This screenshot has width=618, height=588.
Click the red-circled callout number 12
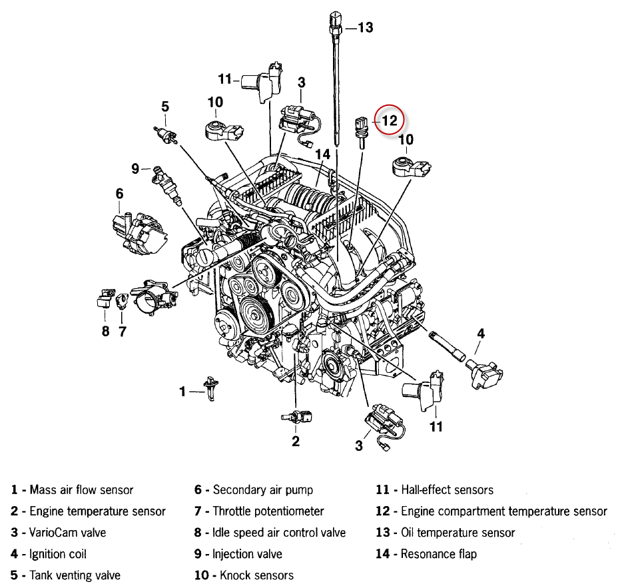click(390, 121)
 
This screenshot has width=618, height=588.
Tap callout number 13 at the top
click(365, 27)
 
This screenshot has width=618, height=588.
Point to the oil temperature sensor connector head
click(336, 19)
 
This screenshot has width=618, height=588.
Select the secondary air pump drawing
click(139, 233)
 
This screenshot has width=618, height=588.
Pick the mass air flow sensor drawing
click(211, 389)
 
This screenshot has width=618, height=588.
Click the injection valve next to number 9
click(167, 185)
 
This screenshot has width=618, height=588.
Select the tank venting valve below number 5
click(166, 135)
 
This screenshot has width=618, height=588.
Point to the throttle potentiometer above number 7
click(122, 301)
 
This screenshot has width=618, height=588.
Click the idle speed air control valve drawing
click(105, 298)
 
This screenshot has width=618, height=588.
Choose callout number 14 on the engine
click(322, 154)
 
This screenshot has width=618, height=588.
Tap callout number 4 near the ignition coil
click(480, 334)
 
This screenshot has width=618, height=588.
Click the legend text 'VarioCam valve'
click(67, 533)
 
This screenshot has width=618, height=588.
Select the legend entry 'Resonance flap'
click(439, 554)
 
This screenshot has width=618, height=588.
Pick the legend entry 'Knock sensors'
click(256, 575)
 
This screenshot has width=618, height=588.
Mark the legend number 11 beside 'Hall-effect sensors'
click(382, 490)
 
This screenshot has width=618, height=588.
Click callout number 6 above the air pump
click(119, 194)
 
